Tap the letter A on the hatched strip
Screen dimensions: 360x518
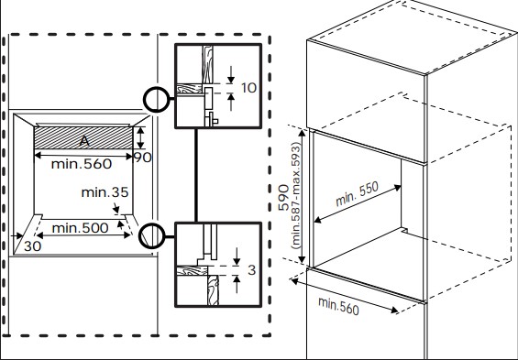coord(84,141)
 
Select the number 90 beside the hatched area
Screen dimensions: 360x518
coord(142,158)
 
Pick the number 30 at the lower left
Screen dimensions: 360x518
coord(33,246)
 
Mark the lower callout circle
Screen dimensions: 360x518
coord(155,235)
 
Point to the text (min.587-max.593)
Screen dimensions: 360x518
coord(296,197)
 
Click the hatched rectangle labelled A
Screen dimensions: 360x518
coord(84,138)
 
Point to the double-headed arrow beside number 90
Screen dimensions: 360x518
coord(139,138)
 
